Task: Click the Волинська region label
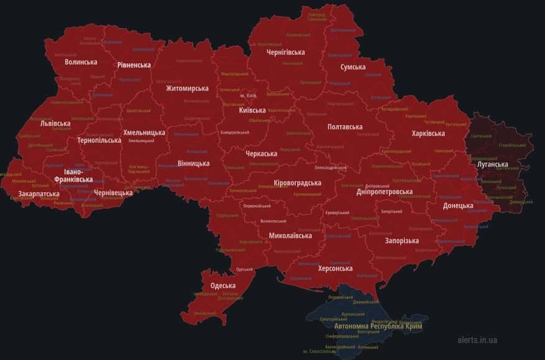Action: tap(81, 62)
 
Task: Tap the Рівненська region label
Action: tap(134, 65)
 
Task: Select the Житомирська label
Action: tap(187, 88)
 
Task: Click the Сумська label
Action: tap(352, 67)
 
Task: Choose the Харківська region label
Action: tap(428, 134)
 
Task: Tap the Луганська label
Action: tap(492, 165)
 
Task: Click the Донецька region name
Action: tap(458, 205)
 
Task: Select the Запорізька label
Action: tap(401, 241)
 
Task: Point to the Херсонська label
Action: tap(335, 269)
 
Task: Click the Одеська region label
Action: tap(223, 285)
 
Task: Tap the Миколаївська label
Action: tap(290, 236)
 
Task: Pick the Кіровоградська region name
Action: tap(297, 183)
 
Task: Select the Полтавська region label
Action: tap(345, 127)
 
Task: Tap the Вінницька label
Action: tap(193, 164)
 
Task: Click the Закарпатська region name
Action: tap(39, 194)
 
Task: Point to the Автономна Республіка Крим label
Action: tap(378, 326)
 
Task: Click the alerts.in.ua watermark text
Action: tap(477, 340)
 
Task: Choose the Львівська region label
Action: tap(55, 124)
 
